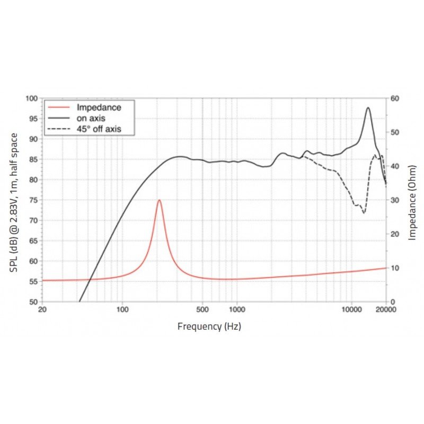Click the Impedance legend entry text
click(99, 108)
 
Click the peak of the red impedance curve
click(159, 200)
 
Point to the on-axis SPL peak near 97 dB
click(368, 108)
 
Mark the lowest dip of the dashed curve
click(364, 213)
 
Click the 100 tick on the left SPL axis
click(32, 99)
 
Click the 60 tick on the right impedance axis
click(395, 99)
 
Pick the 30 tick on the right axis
click(395, 200)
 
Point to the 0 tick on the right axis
click(393, 302)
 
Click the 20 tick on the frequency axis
click(42, 310)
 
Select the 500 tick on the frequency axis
click(202, 310)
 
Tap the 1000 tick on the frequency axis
click(236, 310)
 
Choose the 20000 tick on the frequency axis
click(385, 310)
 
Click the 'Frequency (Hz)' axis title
click(209, 326)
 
